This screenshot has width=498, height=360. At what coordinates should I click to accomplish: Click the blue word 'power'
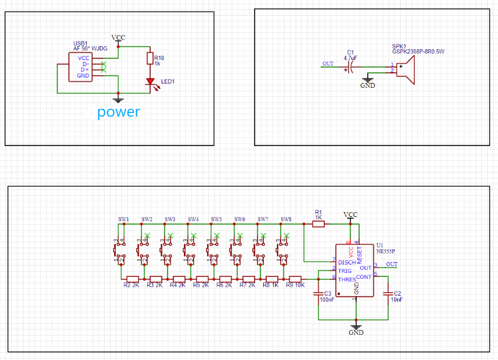coord(118,112)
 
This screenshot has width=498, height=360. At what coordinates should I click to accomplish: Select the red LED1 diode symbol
coord(150,82)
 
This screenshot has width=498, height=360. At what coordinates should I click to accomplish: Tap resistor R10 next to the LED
coord(150,58)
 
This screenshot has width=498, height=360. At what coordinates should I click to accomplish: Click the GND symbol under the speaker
coord(368,82)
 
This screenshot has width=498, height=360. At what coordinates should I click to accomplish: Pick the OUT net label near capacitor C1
coord(328,64)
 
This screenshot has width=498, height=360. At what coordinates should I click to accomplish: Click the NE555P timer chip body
coord(354,270)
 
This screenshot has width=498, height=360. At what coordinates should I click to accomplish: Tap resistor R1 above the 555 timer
coord(318,224)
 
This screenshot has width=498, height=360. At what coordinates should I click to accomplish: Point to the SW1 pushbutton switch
coord(120,249)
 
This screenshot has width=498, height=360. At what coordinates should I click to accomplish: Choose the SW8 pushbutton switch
coord(283,249)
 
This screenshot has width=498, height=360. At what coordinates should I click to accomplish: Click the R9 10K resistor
coord(294,279)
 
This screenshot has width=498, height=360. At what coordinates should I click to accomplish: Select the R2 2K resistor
coord(133,279)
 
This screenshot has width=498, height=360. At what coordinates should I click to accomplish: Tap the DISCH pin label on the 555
coord(347,262)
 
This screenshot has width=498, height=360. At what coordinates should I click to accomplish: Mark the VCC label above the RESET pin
coord(350,215)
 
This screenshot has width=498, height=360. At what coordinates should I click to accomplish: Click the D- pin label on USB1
coord(85,64)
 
